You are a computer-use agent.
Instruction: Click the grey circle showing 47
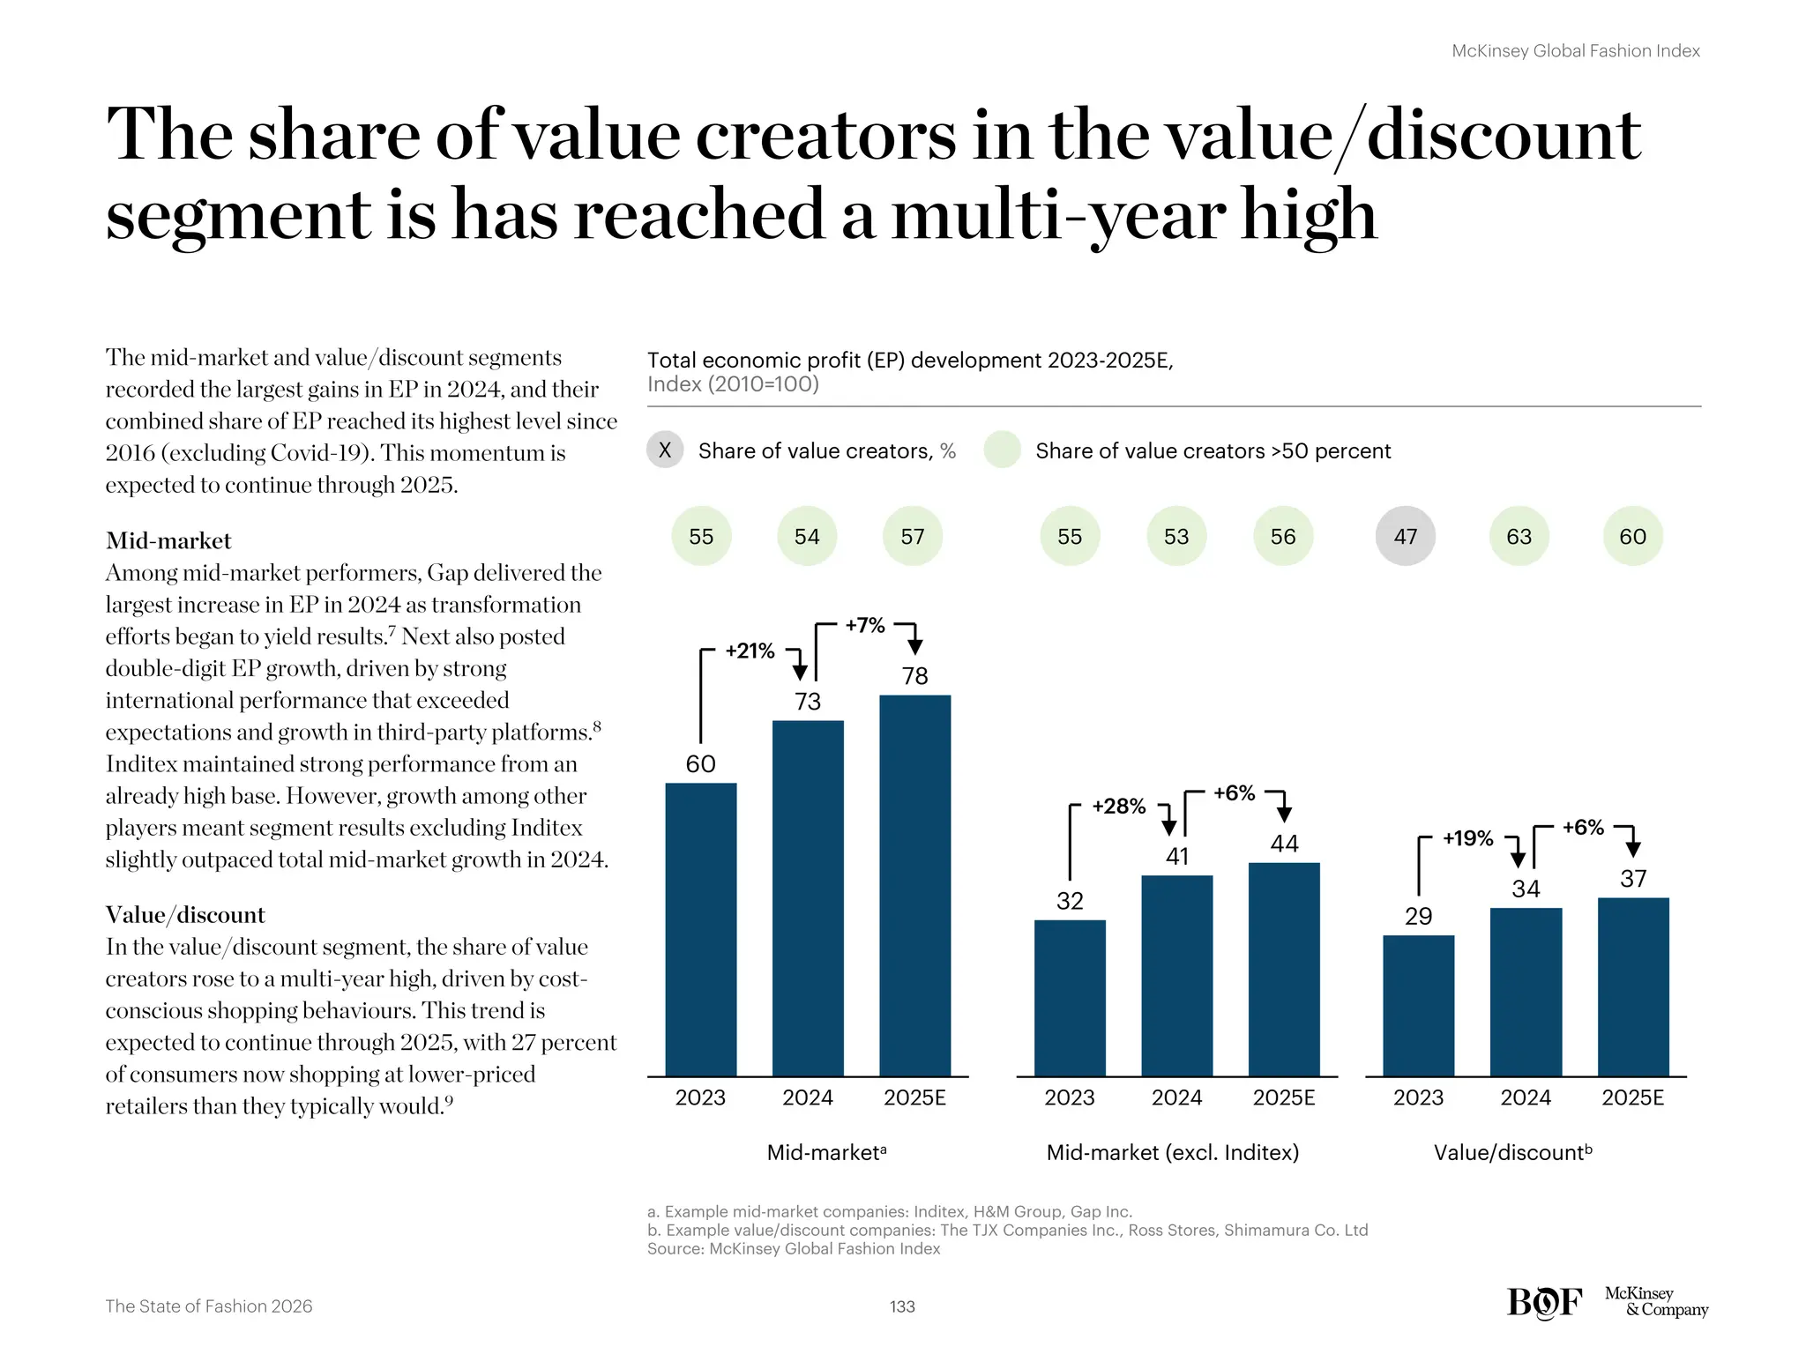[x=1405, y=536]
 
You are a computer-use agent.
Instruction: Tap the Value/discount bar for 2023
[x=1418, y=1005]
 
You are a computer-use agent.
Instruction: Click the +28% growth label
[x=1118, y=807]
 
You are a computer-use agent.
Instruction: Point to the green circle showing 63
[x=1519, y=536]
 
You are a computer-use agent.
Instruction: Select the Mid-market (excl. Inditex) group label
[x=1172, y=1152]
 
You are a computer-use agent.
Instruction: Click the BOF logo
[x=1544, y=1303]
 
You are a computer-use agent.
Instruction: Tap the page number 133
[x=902, y=1306]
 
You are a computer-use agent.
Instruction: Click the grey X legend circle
[x=665, y=450]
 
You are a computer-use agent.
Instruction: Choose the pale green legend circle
[x=1002, y=450]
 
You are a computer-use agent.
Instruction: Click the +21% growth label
[x=750, y=651]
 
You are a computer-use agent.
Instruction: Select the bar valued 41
[x=1176, y=975]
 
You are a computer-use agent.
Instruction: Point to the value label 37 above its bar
[x=1633, y=879]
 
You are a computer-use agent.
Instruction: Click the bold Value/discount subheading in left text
[x=185, y=914]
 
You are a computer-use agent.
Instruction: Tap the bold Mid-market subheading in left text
[x=168, y=540]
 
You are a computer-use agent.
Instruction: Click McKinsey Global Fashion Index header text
[x=1575, y=51]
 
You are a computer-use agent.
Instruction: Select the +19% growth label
[x=1467, y=838]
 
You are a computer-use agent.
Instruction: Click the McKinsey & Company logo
[x=1655, y=1301]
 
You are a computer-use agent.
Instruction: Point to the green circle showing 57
[x=913, y=536]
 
